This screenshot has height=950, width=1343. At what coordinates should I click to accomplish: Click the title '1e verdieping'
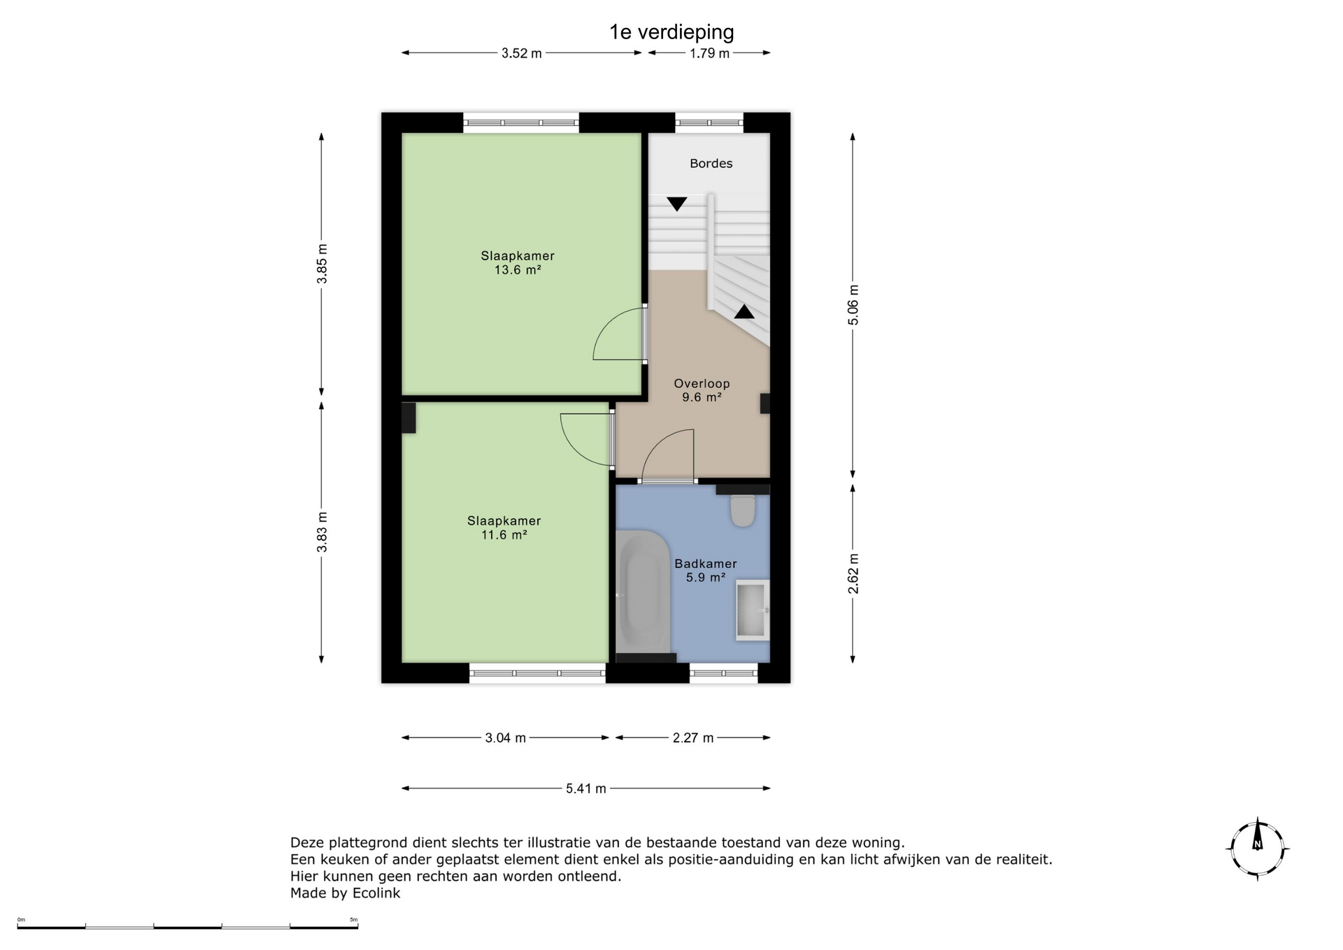(671, 32)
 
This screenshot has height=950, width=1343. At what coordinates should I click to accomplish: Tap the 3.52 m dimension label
(521, 53)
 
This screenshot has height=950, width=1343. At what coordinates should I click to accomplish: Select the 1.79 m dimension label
(709, 53)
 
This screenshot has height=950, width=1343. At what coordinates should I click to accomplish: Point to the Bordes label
(711, 163)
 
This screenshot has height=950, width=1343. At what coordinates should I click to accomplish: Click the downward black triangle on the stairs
(676, 204)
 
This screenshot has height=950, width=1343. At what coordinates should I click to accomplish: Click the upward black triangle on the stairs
(744, 312)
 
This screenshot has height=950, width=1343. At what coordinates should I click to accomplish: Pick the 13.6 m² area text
(518, 269)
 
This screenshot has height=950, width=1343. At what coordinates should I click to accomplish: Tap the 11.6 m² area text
(504, 534)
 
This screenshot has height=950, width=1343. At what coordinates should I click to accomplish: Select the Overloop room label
(702, 383)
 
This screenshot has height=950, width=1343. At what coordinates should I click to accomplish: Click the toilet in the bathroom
(742, 511)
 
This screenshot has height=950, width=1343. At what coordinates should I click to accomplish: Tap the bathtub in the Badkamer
(643, 591)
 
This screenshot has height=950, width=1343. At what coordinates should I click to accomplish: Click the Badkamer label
(705, 564)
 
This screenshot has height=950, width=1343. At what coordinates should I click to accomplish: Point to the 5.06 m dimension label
(853, 305)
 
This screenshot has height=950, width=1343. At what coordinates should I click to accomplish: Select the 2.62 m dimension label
(853, 574)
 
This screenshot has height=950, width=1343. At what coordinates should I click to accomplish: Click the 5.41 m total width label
(586, 788)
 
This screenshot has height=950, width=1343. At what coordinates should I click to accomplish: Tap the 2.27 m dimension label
(693, 738)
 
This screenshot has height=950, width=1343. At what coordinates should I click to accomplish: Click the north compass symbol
(1258, 849)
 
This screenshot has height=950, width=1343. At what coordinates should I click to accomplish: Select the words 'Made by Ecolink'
(346, 893)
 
